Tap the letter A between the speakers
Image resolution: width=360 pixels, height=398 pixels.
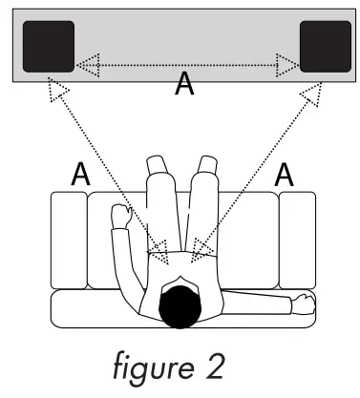(x=186, y=85)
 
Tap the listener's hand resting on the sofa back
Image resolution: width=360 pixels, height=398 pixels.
(x=303, y=304)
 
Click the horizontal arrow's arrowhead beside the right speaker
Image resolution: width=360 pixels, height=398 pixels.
(x=287, y=66)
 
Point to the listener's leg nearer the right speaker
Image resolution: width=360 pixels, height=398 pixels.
(x=202, y=205)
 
